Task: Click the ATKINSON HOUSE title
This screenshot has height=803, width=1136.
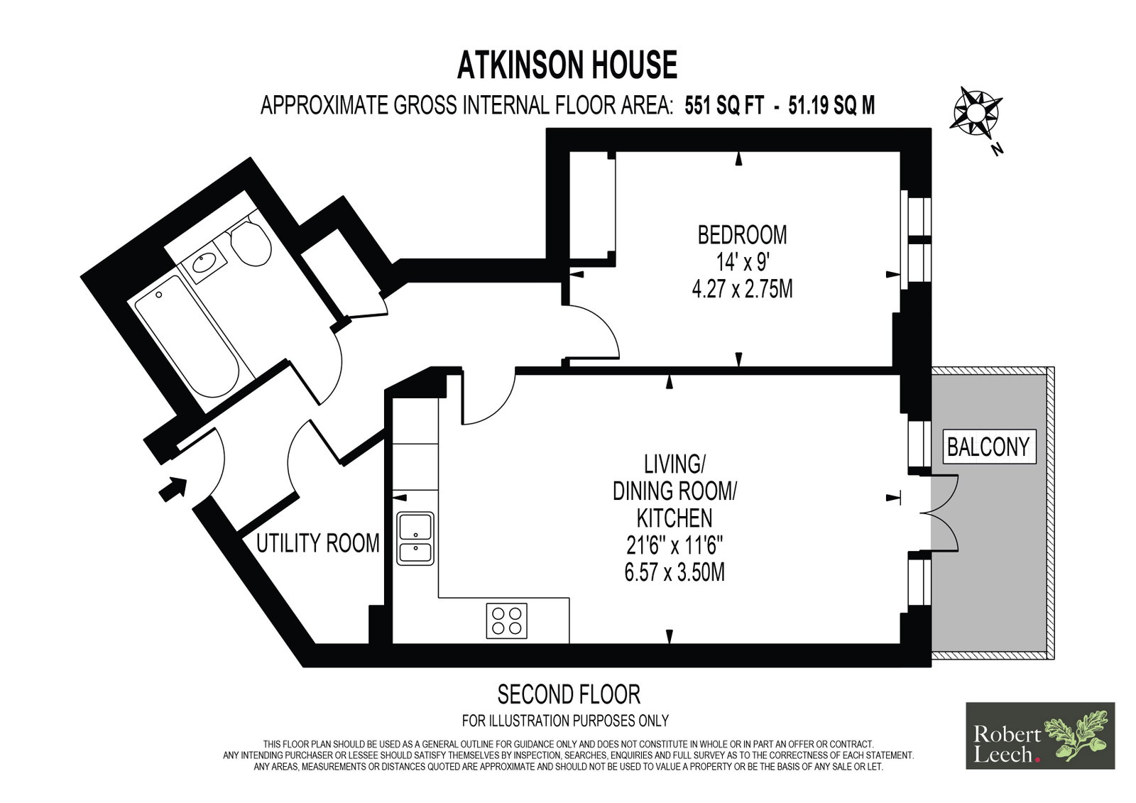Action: [567, 65]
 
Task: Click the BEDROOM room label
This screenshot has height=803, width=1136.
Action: [743, 235]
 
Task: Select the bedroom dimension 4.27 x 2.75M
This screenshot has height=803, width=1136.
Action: [743, 290]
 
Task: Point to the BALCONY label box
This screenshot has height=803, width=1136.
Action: [988, 447]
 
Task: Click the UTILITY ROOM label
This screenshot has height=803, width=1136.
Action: [318, 543]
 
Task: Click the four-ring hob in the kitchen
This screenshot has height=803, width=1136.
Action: [507, 621]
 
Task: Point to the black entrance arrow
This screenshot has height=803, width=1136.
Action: [173, 489]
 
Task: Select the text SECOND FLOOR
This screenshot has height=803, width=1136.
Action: [569, 695]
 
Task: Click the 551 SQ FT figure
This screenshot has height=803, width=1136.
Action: [724, 106]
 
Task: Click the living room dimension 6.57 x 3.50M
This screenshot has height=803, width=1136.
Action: [674, 572]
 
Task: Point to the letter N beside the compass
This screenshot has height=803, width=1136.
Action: [997, 149]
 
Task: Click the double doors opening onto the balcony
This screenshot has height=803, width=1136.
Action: [938, 513]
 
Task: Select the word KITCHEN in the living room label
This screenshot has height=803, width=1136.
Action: [674, 518]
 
